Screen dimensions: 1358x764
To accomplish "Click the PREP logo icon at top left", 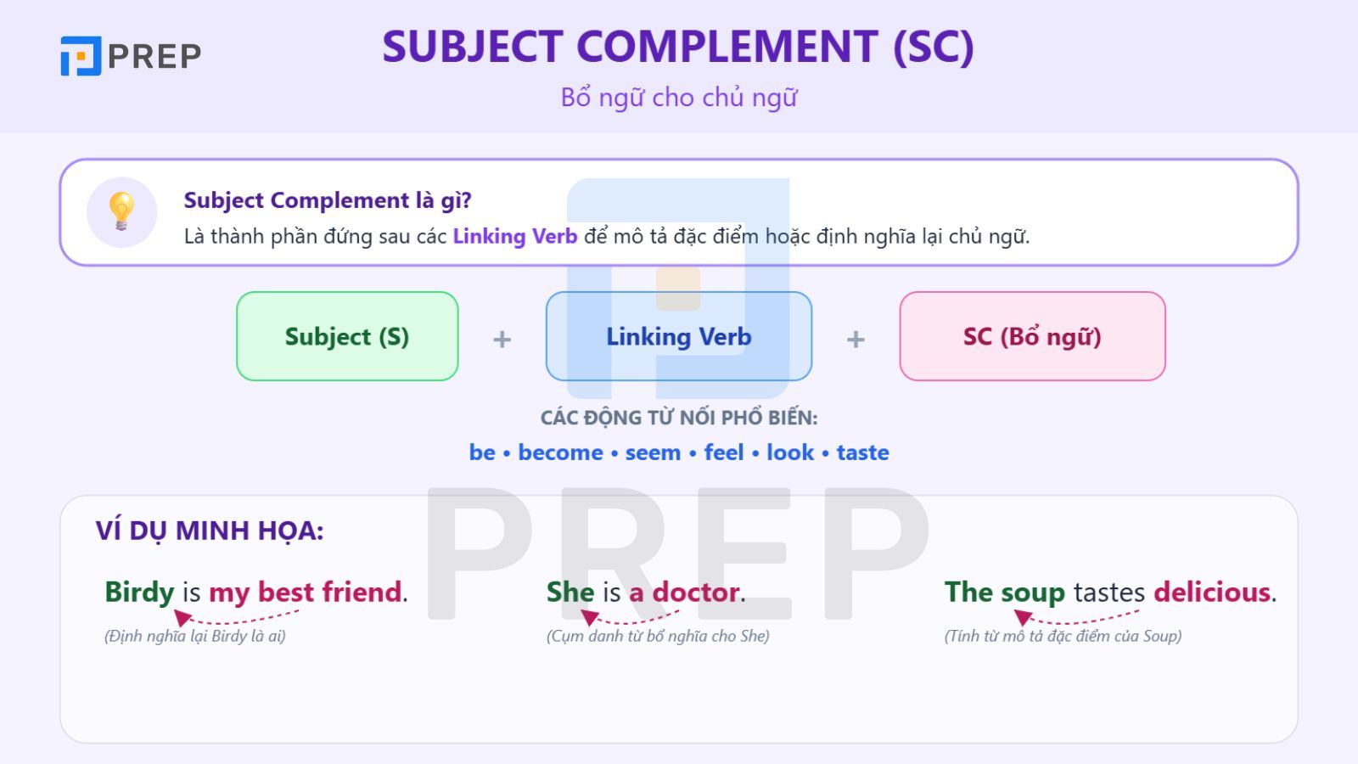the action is (x=81, y=56).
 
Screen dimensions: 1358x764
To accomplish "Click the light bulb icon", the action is (x=121, y=211).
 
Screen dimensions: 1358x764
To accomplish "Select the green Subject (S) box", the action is (x=347, y=336).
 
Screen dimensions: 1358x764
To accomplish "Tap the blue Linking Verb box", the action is (x=679, y=336).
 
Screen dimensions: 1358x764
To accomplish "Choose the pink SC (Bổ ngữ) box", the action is (x=1032, y=336).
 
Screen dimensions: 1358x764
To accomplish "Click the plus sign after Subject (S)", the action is (x=502, y=339).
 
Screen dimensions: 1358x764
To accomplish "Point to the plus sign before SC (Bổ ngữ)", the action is (x=856, y=339).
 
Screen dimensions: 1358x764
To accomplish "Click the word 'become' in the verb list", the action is (x=560, y=452).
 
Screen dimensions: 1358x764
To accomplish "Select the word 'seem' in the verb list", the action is (x=653, y=453).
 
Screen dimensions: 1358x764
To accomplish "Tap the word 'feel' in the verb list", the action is (x=724, y=452).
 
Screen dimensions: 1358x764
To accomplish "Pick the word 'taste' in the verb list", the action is (x=862, y=452).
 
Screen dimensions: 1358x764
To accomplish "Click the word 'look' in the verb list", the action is (x=790, y=452).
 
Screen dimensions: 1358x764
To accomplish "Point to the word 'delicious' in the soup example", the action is (x=1212, y=592).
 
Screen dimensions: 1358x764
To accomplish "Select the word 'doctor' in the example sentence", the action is (x=696, y=592).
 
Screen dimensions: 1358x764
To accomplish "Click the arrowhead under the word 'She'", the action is (x=589, y=617).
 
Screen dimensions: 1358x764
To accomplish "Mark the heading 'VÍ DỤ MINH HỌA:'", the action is (x=210, y=531).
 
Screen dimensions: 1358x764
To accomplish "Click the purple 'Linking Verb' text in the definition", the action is (x=515, y=236).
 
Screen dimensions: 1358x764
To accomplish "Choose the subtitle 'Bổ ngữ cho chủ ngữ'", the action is (x=679, y=98).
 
